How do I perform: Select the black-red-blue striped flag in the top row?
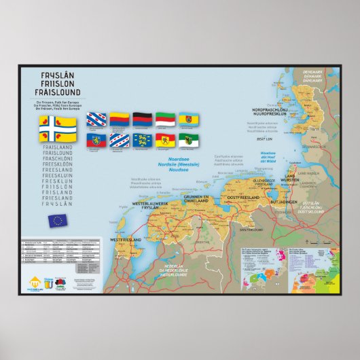[142, 120]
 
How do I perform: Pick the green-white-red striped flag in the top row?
[165, 120]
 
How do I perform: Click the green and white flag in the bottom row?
[188, 141]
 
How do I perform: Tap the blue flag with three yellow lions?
[142, 141]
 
